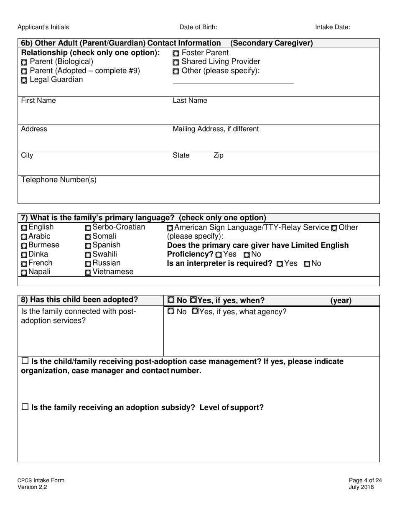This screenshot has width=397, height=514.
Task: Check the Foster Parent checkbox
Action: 176,53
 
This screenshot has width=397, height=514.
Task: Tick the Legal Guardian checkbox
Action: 24,80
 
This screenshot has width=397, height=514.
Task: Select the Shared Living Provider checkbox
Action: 176,62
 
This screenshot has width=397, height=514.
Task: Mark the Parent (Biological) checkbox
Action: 24,62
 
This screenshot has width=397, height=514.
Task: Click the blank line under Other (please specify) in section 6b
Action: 233,81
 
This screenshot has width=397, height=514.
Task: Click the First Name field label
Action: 38,101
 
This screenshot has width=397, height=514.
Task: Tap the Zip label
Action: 219,155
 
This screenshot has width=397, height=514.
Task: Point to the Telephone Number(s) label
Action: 59,180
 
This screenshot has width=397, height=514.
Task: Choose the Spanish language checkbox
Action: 88,246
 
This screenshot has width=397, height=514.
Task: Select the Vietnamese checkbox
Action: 88,272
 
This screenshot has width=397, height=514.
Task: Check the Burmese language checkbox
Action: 24,246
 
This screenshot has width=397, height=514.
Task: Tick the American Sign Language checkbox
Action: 170,228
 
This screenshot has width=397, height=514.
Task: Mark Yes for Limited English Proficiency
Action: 219,255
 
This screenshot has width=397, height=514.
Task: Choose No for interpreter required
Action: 307,264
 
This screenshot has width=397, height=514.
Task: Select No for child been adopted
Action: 171,300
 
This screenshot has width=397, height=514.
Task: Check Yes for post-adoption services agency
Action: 195,312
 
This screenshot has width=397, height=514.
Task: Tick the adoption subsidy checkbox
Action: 25,407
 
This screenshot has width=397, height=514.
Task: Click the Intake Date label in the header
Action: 332,28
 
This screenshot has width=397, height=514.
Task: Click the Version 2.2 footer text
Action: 32,487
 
